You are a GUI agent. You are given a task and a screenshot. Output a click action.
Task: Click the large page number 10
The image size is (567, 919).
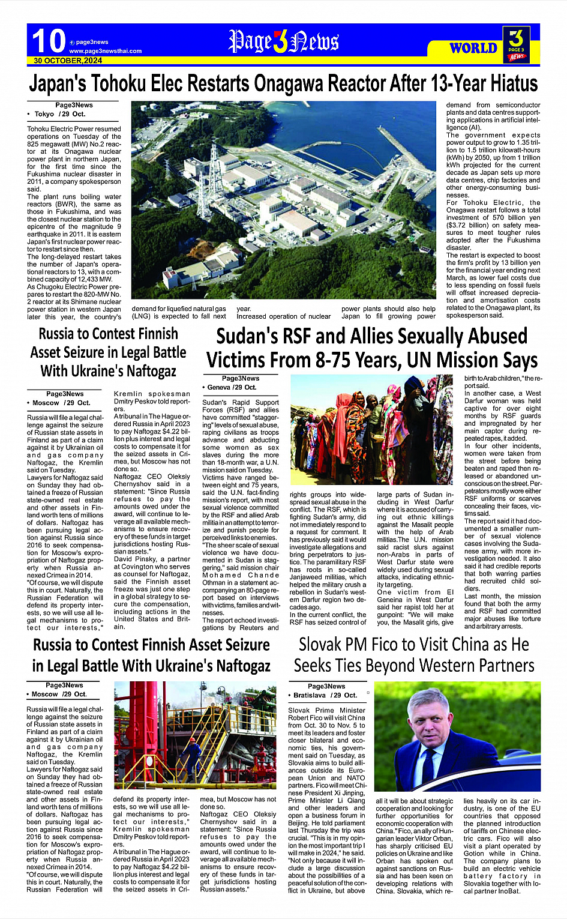coord(48,41)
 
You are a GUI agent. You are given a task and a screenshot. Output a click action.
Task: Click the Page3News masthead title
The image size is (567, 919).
coord(283,42)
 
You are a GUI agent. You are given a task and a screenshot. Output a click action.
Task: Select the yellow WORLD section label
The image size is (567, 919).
coord(473,48)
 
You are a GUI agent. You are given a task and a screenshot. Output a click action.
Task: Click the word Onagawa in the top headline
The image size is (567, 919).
coord(288,83)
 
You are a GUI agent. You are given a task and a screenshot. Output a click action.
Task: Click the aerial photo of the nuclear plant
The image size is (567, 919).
coord(283,201)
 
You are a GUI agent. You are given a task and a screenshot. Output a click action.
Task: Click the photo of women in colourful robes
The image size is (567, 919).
coord(372,429)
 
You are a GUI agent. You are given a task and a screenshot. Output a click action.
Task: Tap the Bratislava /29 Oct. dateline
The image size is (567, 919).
coord(325,695)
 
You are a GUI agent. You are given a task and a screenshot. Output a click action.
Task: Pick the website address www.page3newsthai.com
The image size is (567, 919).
coord(106,51)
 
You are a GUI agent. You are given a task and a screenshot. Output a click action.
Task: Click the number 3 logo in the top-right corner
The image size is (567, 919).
coord(516,43)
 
